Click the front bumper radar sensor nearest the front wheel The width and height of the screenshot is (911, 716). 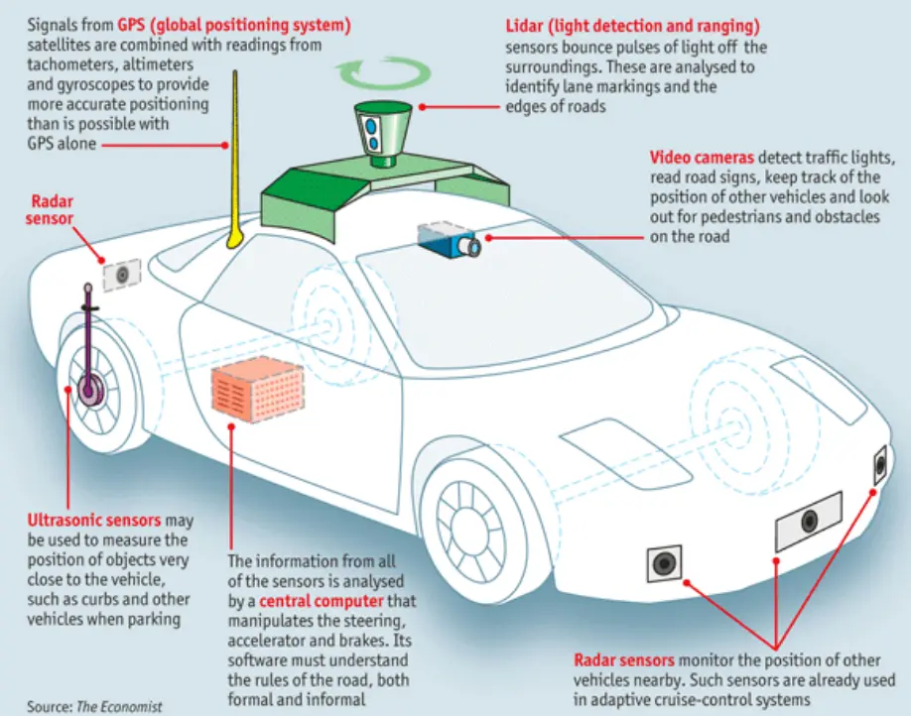[x=664, y=564]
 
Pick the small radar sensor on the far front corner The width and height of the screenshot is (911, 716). [x=879, y=466]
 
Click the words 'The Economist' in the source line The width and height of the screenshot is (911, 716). [x=117, y=706]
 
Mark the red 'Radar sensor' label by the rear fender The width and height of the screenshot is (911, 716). [x=49, y=209]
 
